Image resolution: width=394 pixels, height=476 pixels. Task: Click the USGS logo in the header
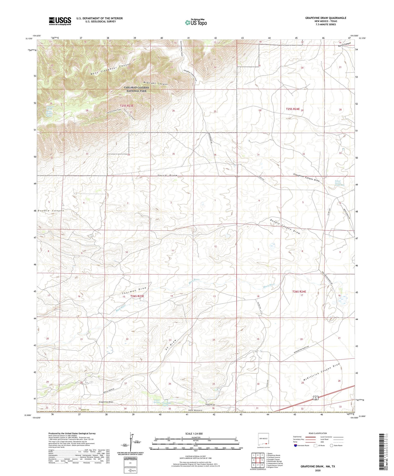tap(60, 21)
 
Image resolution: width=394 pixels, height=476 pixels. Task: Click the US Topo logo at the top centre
tap(196, 22)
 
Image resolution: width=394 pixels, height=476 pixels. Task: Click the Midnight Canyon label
tap(155, 83)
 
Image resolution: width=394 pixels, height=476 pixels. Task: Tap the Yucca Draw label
tap(167, 175)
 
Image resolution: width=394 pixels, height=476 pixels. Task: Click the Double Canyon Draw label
tap(285, 226)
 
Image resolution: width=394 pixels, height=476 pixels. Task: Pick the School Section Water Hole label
tap(339, 183)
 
